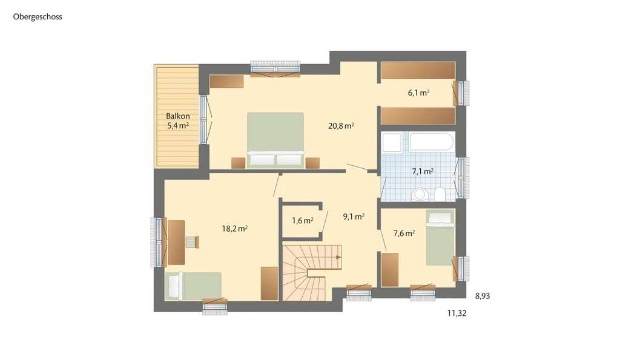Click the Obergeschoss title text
click(x=38, y=17)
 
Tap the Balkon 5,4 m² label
click(x=178, y=121)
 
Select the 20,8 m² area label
click(x=341, y=126)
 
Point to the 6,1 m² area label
click(x=418, y=93)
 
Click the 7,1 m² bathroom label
click(x=423, y=172)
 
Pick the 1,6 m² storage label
click(x=302, y=221)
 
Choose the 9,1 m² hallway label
click(x=354, y=217)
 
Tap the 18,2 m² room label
click(x=235, y=229)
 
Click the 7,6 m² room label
click(x=404, y=233)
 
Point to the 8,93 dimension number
click(x=483, y=296)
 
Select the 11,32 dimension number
click(x=457, y=313)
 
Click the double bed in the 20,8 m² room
click(x=275, y=139)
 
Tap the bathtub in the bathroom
click(x=431, y=142)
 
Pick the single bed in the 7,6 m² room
click(x=440, y=237)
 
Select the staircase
click(x=311, y=272)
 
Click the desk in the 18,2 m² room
click(x=176, y=242)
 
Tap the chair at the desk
click(x=191, y=242)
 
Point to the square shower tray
click(x=391, y=143)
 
